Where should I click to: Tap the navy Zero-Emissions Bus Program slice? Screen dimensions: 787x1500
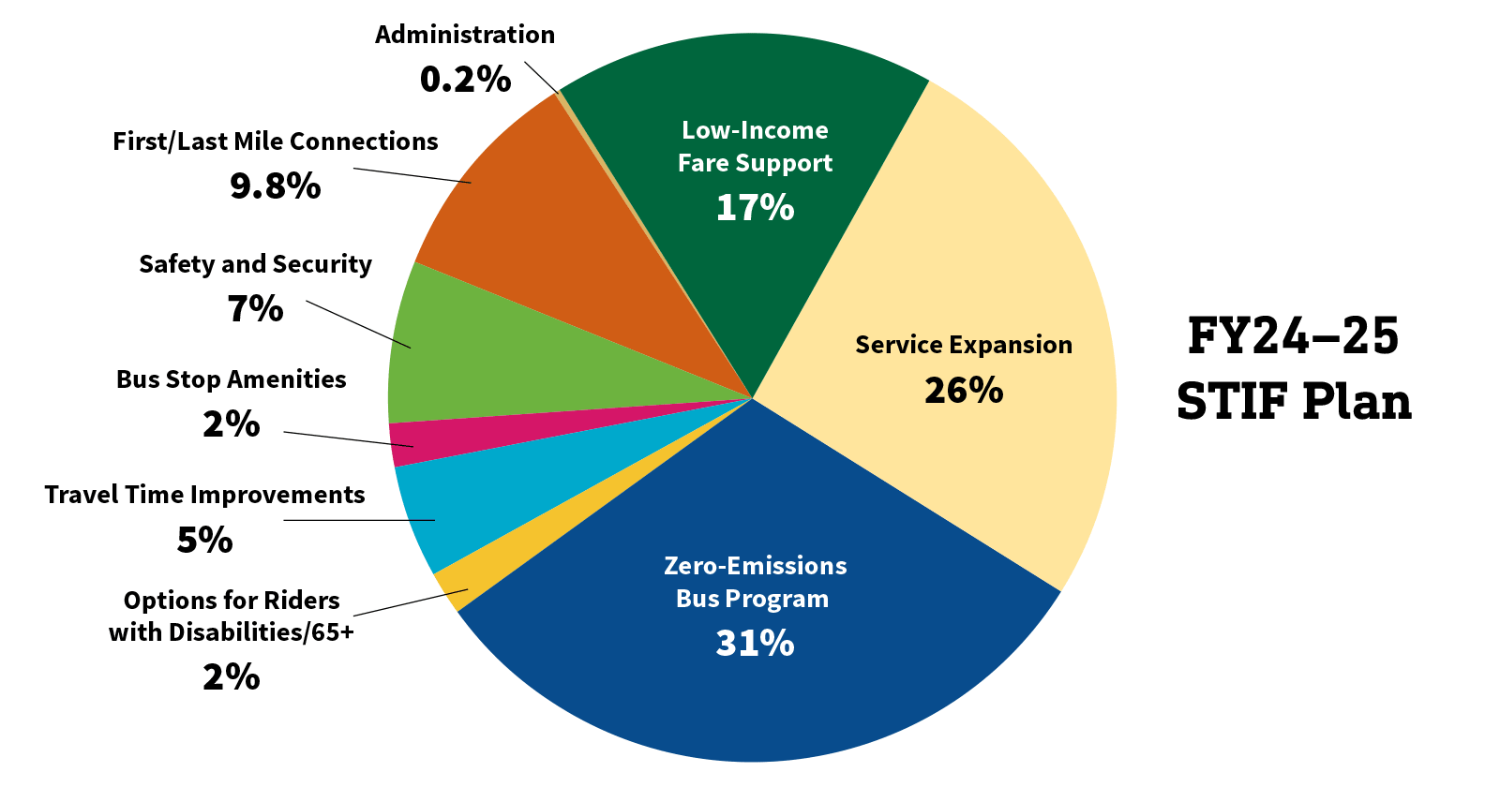(750, 693)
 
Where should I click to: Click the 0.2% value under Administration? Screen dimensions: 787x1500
(465, 80)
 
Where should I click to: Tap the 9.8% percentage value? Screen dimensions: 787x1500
(276, 186)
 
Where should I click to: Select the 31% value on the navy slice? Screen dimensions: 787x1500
(755, 644)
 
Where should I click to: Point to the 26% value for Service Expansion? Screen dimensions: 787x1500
(964, 391)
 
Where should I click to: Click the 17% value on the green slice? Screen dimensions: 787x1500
(755, 208)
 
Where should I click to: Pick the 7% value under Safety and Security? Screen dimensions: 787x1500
(255, 309)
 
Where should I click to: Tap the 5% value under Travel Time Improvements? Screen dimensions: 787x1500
(204, 540)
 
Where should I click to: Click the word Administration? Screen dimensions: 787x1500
(465, 35)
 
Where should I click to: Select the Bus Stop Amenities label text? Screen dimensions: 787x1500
(231, 379)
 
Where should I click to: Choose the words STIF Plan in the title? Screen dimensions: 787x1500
(1294, 402)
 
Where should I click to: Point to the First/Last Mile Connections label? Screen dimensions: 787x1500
(276, 141)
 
